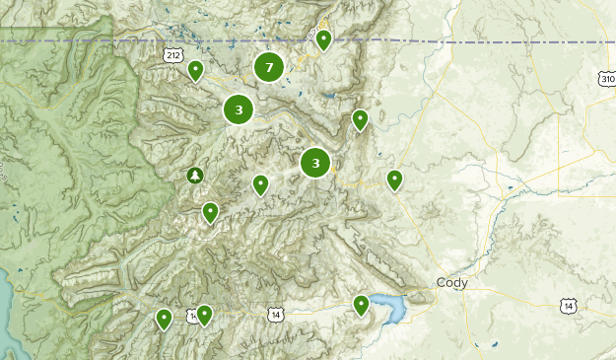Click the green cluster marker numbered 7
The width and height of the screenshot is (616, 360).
click(268, 67)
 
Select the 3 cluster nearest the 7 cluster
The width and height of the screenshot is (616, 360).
click(239, 109)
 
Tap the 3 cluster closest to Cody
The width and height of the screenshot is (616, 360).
click(315, 163)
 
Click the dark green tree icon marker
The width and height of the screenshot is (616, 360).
click(195, 176)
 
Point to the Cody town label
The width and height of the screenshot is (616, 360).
click(452, 283)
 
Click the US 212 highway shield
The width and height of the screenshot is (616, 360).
click(173, 56)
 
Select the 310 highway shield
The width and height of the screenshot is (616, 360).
click(606, 77)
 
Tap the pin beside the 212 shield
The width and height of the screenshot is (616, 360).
click(196, 70)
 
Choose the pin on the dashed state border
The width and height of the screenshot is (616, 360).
click(323, 39)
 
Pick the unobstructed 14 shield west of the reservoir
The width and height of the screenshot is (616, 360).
click(274, 314)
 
